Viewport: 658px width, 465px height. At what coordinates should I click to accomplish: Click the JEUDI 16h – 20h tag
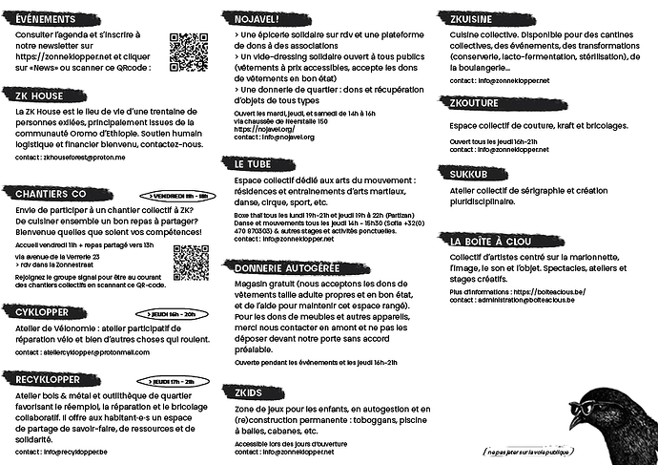point(171,313)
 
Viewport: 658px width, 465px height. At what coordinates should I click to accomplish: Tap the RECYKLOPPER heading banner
point(45,379)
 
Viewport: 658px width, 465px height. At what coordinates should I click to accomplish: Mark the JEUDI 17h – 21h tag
point(171,381)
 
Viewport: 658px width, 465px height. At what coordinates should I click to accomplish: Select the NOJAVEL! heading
point(259,18)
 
